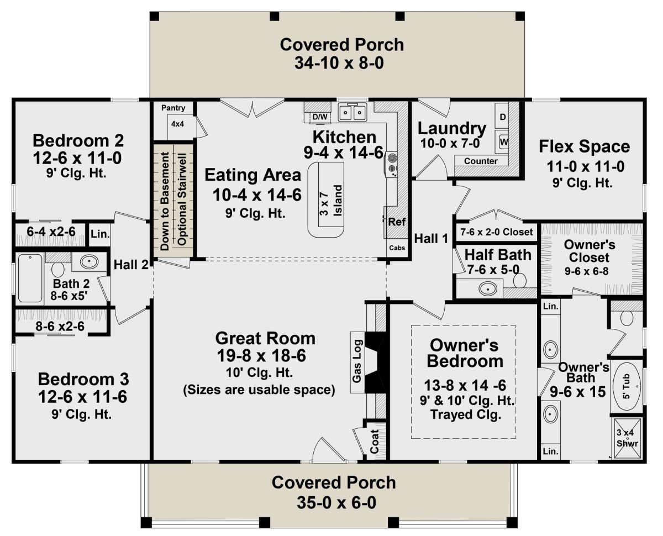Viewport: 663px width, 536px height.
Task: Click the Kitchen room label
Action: (x=344, y=137)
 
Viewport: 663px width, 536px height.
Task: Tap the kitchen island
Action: (x=325, y=199)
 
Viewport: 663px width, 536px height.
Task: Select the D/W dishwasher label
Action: (x=320, y=117)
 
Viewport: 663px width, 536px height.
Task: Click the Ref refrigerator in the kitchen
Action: (x=397, y=222)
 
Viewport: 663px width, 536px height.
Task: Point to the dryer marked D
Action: (x=502, y=117)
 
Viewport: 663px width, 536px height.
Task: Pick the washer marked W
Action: (x=502, y=142)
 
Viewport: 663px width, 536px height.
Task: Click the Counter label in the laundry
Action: (x=481, y=161)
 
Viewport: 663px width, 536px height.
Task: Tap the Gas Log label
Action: (x=357, y=361)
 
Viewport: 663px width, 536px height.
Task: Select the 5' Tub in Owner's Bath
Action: (x=627, y=386)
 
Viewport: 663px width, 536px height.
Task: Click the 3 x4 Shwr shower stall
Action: (x=627, y=438)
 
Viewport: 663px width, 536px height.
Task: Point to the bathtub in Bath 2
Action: (x=30, y=278)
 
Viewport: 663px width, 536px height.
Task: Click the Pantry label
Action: (x=173, y=108)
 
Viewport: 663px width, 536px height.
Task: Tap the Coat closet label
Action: (x=374, y=442)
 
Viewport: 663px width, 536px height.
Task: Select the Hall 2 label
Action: (x=131, y=265)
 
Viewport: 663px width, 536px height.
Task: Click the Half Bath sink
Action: (x=487, y=288)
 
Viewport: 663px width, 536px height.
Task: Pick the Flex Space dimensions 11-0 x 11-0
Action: (x=586, y=166)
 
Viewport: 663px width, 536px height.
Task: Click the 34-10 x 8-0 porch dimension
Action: (x=339, y=63)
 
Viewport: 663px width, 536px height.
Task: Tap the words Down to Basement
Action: (x=165, y=201)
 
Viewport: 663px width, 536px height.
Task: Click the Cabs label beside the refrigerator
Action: (x=397, y=248)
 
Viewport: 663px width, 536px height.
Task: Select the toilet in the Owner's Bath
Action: (x=627, y=318)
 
